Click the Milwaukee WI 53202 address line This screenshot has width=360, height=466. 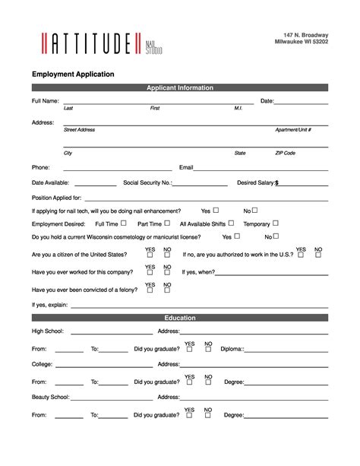click(302, 43)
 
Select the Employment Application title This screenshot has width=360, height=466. click(73, 74)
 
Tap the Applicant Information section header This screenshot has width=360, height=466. click(180, 88)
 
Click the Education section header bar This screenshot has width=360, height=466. click(180, 318)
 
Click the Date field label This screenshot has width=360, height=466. click(267, 101)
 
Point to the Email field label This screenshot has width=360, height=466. click(186, 167)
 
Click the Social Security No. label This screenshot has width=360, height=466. click(147, 183)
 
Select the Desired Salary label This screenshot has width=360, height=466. click(256, 183)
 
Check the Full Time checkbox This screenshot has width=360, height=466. click(125, 223)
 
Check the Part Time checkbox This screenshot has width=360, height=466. click(167, 223)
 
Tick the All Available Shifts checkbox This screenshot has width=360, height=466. click(232, 223)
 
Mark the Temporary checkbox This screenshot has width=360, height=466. click(276, 223)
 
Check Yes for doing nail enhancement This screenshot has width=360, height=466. click(216, 210)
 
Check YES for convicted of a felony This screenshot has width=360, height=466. click(150, 290)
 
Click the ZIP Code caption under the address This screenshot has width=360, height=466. click(285, 153)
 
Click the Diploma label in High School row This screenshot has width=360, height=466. click(232, 350)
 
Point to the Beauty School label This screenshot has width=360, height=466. click(50, 397)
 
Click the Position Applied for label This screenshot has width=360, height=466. click(57, 198)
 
